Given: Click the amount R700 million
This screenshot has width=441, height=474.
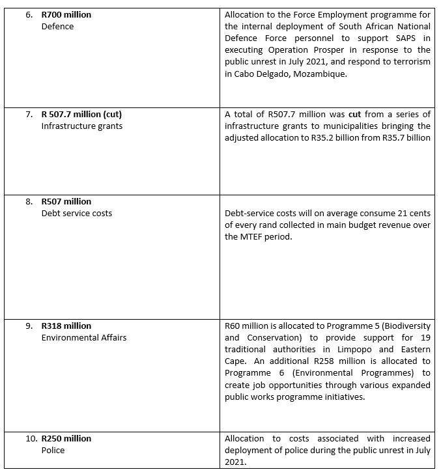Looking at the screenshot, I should (x=66, y=14).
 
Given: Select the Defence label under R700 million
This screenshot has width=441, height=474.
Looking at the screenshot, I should (x=57, y=27).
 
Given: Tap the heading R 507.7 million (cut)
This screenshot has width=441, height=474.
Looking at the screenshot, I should (x=81, y=114).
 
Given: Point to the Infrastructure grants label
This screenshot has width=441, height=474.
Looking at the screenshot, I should (x=81, y=126).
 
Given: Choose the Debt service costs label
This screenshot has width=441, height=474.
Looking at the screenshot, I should (x=76, y=214).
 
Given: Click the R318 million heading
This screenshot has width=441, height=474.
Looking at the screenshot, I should (x=66, y=326).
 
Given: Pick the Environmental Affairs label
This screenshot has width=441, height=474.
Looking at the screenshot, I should (x=83, y=338).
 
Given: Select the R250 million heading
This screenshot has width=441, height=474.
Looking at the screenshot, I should (x=66, y=438).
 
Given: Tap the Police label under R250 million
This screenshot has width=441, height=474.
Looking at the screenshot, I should (x=53, y=451).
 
